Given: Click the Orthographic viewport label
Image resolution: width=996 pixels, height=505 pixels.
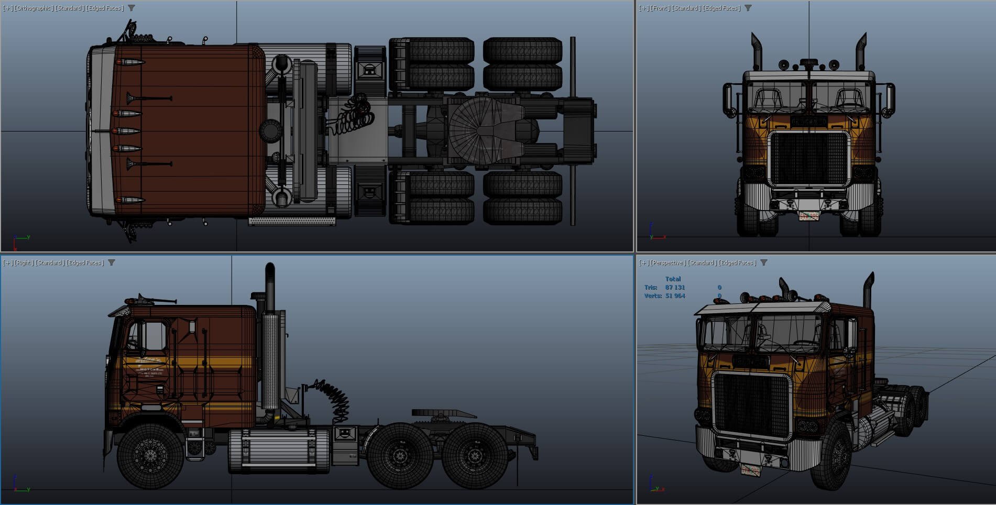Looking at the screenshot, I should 34,8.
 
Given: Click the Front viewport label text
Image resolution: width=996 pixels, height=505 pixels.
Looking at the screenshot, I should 660,8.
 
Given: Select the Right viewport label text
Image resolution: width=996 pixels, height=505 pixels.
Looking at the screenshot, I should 24,263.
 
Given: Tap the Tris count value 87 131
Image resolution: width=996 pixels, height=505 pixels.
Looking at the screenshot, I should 675,287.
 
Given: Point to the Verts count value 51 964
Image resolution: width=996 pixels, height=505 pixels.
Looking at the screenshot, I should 675,296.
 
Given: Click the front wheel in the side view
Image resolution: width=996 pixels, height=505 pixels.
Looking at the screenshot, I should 151,455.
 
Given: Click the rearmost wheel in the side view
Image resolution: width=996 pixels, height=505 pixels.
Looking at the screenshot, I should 475,455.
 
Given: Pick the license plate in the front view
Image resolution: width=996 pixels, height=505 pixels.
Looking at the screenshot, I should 808,216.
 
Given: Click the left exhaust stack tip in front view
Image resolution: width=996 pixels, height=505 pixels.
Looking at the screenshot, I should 756,40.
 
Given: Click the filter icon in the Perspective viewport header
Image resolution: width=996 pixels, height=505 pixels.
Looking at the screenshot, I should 764,263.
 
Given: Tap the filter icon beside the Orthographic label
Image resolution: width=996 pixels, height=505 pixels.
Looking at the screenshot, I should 132,8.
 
